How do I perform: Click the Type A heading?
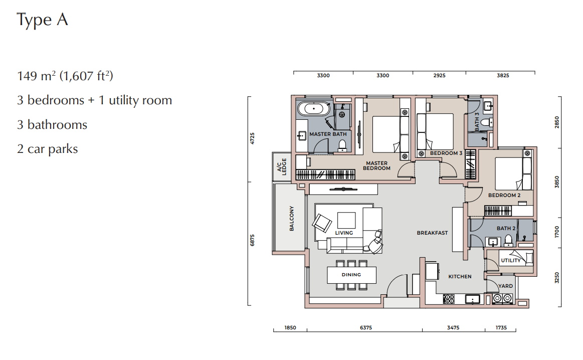tap(43, 20)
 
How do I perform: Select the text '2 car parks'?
tap(48, 149)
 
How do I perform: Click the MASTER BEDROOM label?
tap(376, 165)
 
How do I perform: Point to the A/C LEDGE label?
tap(282, 166)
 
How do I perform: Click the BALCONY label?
tap(292, 218)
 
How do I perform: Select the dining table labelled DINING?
tap(352, 275)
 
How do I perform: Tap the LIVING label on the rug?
tap(344, 233)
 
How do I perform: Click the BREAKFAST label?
tap(433, 233)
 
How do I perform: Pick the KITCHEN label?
tap(460, 276)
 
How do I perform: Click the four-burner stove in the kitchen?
tap(449, 299)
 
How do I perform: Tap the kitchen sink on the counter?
tap(473, 299)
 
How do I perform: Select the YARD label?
tap(506, 286)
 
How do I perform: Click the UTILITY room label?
tap(511, 260)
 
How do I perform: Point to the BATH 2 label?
tap(506, 228)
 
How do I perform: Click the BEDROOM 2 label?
tap(504, 195)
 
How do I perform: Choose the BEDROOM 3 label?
tap(446, 153)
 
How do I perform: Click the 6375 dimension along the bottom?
tap(366, 327)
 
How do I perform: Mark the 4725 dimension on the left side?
tap(253, 138)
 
